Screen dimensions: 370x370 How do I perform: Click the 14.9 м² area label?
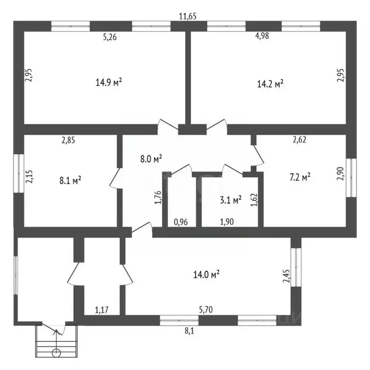109,82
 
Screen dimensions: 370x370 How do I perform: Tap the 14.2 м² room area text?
270,84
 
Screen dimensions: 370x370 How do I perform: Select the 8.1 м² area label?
70,181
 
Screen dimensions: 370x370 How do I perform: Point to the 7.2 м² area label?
300,177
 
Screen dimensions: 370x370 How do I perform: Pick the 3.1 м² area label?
231,200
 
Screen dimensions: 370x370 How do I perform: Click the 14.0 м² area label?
207,275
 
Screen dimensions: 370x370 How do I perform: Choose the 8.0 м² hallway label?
151,159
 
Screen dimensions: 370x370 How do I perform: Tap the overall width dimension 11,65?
187,16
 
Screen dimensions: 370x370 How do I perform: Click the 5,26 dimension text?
110,37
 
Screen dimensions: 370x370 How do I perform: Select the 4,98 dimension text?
262,36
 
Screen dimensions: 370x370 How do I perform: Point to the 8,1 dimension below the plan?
189,331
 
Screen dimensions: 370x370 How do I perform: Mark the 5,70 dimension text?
206,310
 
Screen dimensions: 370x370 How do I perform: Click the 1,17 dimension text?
102,310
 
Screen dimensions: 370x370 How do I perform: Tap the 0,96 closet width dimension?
181,222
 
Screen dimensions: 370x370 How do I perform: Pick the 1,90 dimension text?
227,222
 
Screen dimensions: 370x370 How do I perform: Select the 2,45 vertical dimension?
286,276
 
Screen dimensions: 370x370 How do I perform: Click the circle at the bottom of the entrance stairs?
56,353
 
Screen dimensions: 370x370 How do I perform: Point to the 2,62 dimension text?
300,140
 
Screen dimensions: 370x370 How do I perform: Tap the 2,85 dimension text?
68,140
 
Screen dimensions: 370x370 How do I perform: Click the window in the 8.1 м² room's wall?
19,173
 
